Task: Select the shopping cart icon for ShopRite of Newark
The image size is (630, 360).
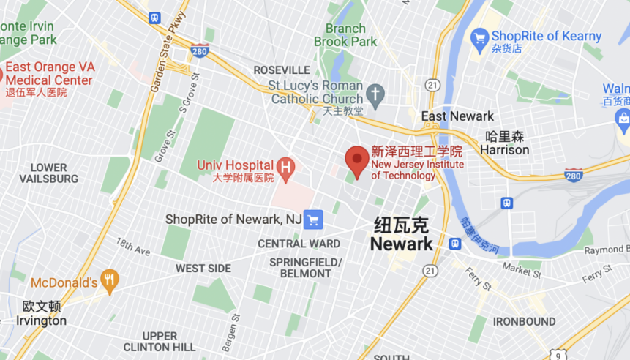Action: (x=313, y=219)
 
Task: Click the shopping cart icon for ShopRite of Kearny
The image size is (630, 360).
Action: (x=479, y=36)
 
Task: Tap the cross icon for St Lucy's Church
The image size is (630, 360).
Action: (x=375, y=93)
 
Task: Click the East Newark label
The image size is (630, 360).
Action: (x=457, y=116)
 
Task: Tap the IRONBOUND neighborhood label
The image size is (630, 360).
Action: (x=524, y=322)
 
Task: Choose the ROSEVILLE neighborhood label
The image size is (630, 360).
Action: (x=282, y=70)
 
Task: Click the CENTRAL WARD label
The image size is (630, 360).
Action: (x=299, y=244)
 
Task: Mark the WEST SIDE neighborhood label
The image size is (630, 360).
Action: (x=203, y=269)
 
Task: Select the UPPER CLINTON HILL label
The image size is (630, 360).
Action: (x=159, y=341)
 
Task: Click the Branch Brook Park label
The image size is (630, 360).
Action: (x=340, y=35)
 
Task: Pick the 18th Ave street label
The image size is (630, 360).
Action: (x=132, y=247)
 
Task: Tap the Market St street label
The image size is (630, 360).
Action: (x=521, y=271)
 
